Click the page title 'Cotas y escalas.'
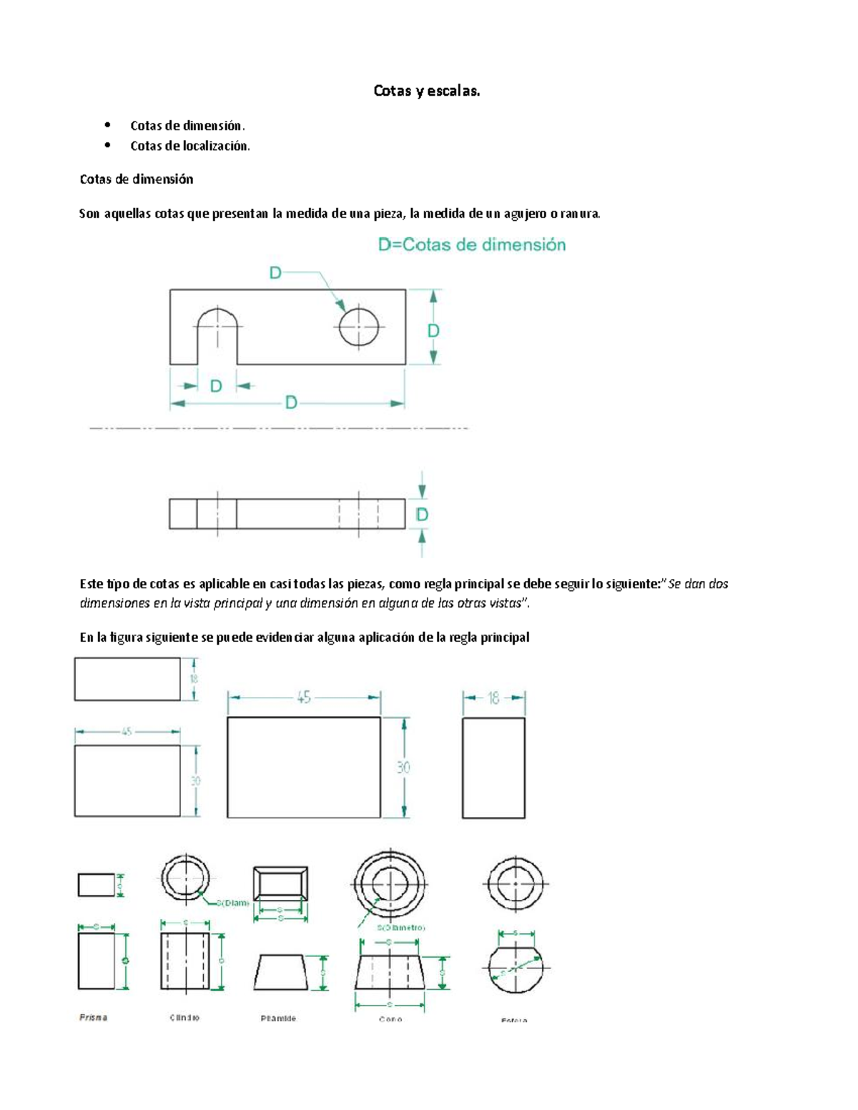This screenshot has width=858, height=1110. pyautogui.click(x=427, y=91)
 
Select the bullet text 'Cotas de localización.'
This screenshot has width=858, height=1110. pyautogui.click(x=190, y=146)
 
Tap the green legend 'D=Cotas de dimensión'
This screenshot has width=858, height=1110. pyautogui.click(x=472, y=245)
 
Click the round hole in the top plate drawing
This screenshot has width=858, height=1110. pyautogui.click(x=358, y=327)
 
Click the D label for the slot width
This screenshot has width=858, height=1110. pyautogui.click(x=216, y=386)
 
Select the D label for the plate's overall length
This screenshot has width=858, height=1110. pyautogui.click(x=291, y=403)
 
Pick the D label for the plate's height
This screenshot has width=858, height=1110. pyautogui.click(x=433, y=331)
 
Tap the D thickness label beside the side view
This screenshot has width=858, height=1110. pyautogui.click(x=422, y=515)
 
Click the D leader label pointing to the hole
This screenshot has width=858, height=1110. pyautogui.click(x=275, y=272)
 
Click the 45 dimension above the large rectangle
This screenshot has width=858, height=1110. pyautogui.click(x=304, y=698)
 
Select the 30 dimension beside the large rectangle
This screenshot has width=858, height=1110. pyautogui.click(x=404, y=768)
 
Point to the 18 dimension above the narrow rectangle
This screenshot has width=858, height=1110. pyautogui.click(x=493, y=698)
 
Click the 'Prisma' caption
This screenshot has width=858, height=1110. pyautogui.click(x=93, y=1017)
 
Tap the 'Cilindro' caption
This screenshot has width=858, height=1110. pyautogui.click(x=184, y=1017)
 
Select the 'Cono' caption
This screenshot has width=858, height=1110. pyautogui.click(x=390, y=1019)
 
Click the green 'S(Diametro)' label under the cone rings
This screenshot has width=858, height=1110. pyautogui.click(x=401, y=928)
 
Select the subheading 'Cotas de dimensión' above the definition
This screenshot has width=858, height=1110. pyautogui.click(x=137, y=179)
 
